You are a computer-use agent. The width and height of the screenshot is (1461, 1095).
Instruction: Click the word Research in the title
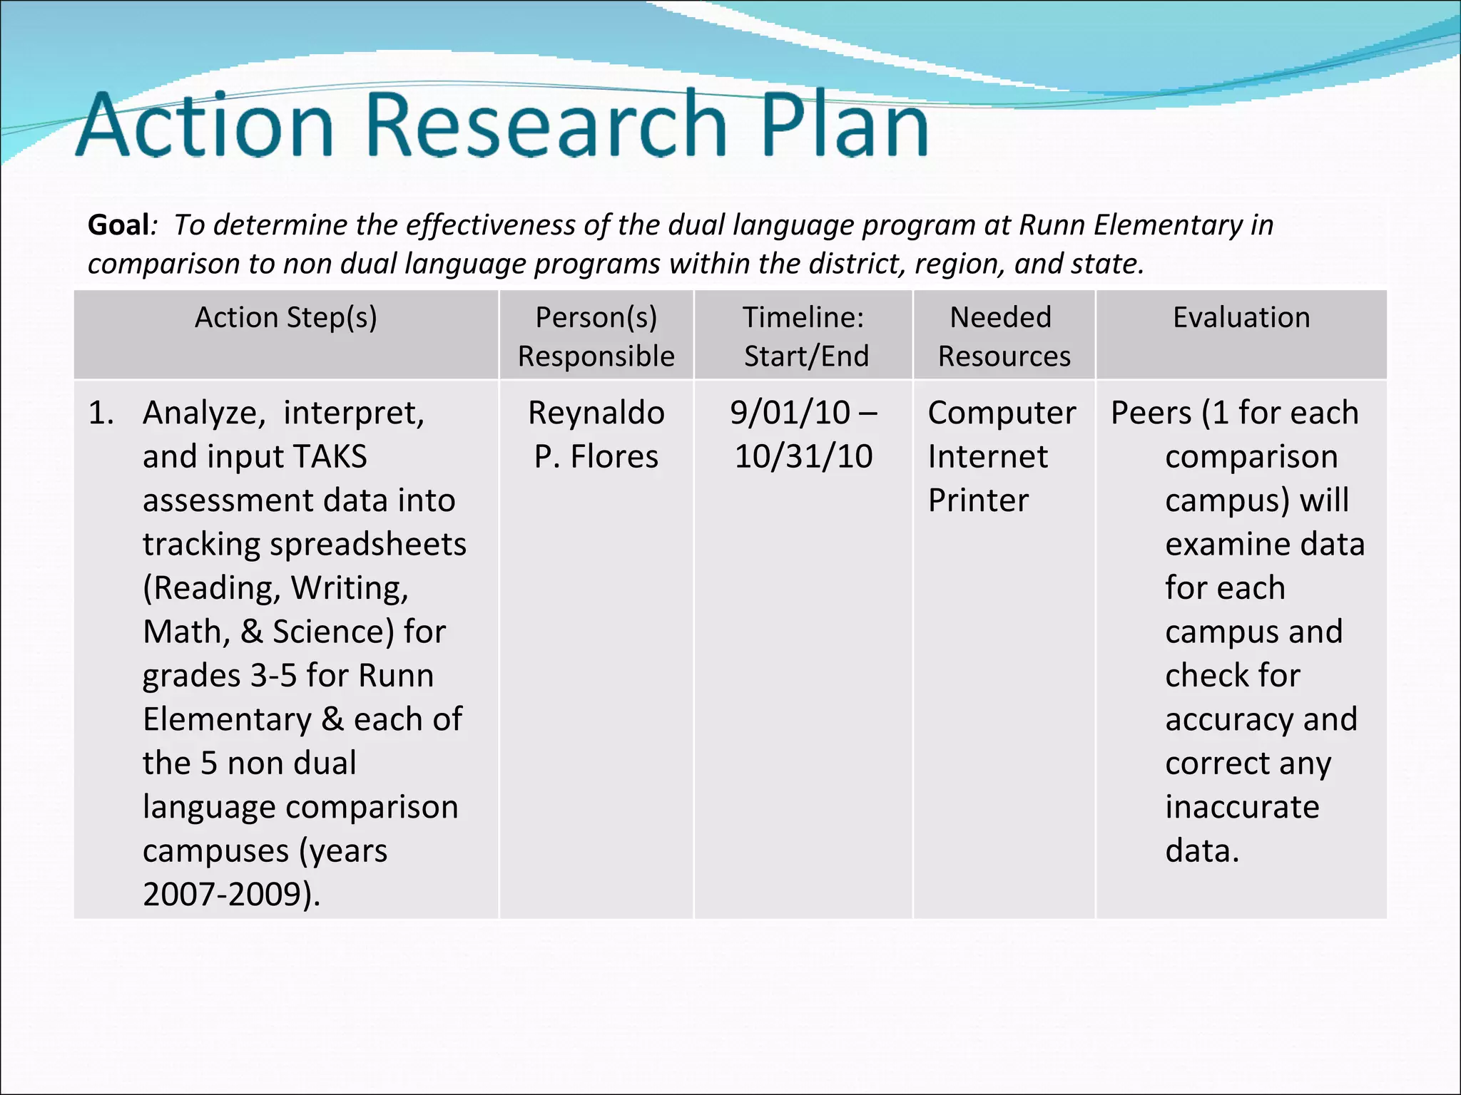546,125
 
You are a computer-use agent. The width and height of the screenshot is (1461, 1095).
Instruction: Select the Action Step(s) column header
286,318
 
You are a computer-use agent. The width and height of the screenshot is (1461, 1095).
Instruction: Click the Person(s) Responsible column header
596,336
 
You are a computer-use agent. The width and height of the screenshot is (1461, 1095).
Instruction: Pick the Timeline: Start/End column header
804,336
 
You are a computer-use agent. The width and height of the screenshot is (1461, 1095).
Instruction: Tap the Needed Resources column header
1002,336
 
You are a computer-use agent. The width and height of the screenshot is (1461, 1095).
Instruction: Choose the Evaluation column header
1241,318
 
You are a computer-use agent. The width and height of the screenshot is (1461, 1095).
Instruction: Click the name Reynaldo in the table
596,413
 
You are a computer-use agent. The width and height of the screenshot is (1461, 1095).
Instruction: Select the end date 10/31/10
804,457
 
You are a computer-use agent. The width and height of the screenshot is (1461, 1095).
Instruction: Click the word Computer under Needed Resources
1002,413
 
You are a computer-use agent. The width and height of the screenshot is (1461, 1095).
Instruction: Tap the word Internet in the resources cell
988,457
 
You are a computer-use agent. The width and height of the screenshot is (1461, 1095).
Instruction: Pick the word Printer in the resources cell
978,500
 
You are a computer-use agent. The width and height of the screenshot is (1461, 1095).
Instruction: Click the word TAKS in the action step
330,457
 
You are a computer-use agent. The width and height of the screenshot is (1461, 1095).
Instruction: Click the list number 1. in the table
101,413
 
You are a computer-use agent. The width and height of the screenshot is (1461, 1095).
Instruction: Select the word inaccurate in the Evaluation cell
1242,808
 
